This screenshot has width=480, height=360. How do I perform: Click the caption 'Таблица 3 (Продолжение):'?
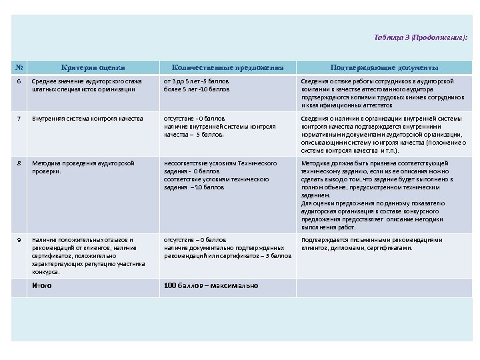click(x=420, y=37)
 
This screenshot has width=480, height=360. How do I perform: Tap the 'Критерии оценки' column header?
click(x=93, y=67)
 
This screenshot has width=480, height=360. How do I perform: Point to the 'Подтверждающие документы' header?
click(x=384, y=67)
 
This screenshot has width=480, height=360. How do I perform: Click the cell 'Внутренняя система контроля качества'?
click(x=87, y=118)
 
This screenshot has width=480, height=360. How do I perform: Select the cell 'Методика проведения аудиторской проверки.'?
click(x=83, y=167)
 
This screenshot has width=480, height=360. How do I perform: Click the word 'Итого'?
click(x=42, y=286)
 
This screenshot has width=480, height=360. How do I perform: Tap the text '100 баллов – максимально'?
click(x=211, y=286)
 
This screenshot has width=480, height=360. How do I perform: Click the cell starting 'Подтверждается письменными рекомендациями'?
click(x=371, y=243)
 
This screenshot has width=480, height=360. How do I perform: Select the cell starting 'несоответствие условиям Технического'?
click(x=220, y=175)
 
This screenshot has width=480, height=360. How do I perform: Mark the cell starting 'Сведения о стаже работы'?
click(x=383, y=93)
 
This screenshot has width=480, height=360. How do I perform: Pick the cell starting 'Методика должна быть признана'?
click(x=383, y=195)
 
